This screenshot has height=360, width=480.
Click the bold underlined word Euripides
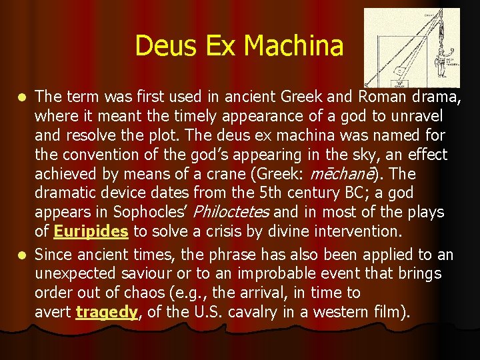pyautogui.click(x=91, y=231)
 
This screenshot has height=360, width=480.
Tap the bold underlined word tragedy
pyautogui.click(x=107, y=311)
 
